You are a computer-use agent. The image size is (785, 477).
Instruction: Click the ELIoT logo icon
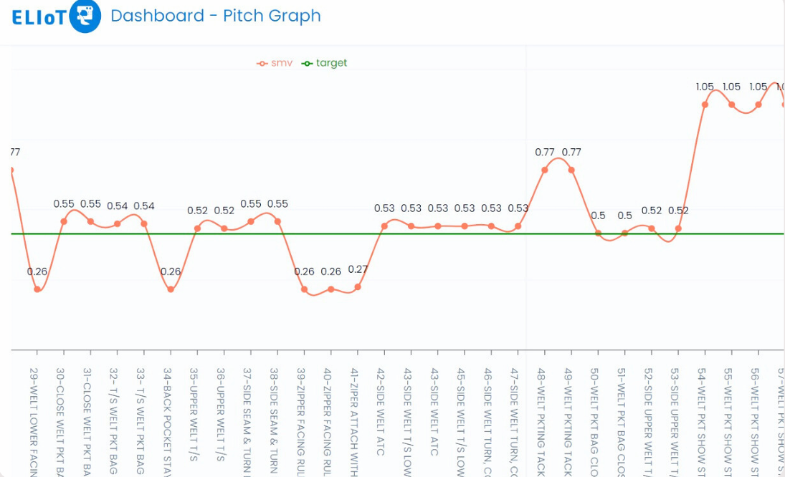[x=85, y=16]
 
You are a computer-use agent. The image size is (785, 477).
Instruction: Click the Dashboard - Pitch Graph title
[x=215, y=16]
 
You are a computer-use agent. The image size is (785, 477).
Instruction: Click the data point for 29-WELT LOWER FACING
[x=37, y=289]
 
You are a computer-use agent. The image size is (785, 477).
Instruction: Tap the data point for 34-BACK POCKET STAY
[x=171, y=289]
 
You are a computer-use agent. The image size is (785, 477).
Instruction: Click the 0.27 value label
[x=358, y=270]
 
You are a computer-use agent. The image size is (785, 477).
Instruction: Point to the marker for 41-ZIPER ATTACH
[x=358, y=287]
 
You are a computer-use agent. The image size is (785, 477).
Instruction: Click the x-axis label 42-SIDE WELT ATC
[x=381, y=412]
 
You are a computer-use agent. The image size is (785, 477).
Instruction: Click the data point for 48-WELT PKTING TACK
[x=545, y=170]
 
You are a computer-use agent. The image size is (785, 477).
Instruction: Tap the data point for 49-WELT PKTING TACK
[x=571, y=170]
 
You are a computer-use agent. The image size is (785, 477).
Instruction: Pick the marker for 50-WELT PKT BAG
[x=598, y=233]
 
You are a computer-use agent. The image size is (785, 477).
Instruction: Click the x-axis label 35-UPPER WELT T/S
[x=194, y=412]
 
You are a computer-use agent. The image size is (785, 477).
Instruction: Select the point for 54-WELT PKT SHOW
[x=705, y=105]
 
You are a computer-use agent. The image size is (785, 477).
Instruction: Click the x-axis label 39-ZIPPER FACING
[x=300, y=419]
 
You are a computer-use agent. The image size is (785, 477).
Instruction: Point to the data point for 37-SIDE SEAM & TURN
[x=251, y=221]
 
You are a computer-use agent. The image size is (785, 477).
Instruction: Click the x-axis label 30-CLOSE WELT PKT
[x=60, y=419]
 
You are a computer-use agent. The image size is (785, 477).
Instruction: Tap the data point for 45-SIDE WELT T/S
[x=465, y=226]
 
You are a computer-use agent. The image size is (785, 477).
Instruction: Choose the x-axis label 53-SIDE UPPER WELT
[x=675, y=419]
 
